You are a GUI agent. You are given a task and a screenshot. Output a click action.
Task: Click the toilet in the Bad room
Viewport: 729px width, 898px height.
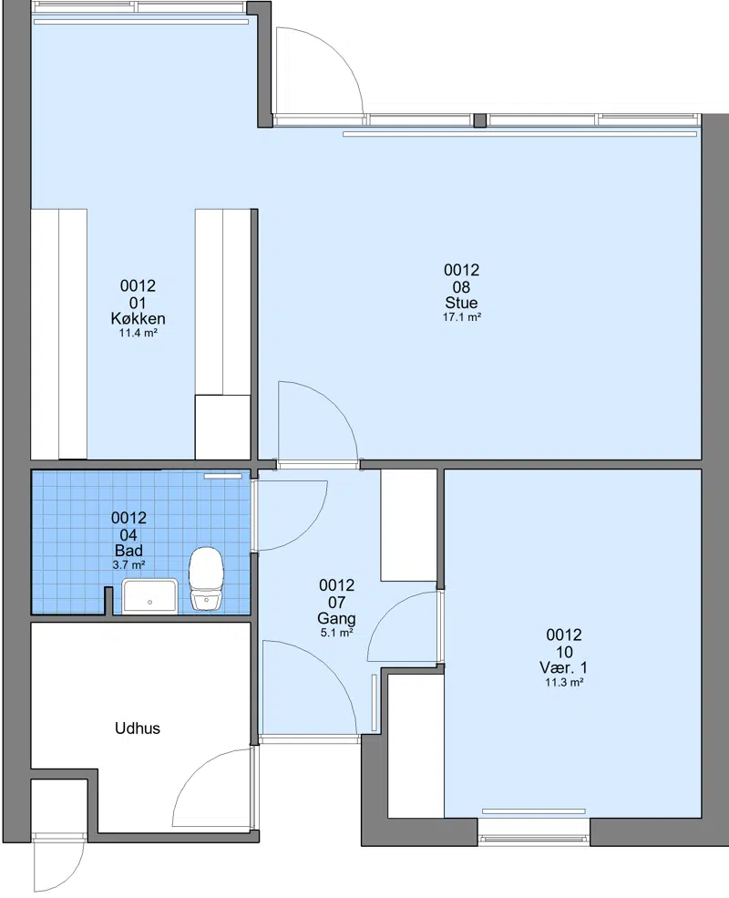click(206, 578)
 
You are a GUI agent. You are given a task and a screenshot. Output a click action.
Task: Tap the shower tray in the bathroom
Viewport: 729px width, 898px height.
click(150, 596)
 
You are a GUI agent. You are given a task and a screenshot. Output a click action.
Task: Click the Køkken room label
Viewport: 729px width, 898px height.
click(138, 318)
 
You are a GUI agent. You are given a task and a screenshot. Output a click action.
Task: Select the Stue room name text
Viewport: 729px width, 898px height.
click(461, 303)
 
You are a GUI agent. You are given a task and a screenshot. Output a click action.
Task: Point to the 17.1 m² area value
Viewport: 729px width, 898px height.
click(462, 316)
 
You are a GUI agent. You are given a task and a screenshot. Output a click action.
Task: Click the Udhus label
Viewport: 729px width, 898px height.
click(138, 728)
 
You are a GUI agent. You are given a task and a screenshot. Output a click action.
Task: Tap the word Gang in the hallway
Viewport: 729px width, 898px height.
click(336, 618)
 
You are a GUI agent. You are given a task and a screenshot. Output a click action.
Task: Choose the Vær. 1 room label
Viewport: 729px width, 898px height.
click(564, 667)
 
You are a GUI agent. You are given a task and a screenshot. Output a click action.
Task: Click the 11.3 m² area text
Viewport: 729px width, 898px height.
click(564, 682)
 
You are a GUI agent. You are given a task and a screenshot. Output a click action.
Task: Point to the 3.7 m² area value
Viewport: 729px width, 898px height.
click(128, 564)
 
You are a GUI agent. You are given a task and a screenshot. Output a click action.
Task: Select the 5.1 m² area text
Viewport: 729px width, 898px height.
click(336, 633)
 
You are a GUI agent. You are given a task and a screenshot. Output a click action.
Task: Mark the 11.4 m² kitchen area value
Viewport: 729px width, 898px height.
click(138, 333)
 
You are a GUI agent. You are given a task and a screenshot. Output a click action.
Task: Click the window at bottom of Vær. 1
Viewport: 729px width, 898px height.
click(533, 839)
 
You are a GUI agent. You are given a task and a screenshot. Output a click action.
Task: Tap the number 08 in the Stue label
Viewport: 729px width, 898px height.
click(461, 287)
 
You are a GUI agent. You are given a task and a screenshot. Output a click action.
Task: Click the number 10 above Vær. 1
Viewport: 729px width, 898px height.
click(564, 652)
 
